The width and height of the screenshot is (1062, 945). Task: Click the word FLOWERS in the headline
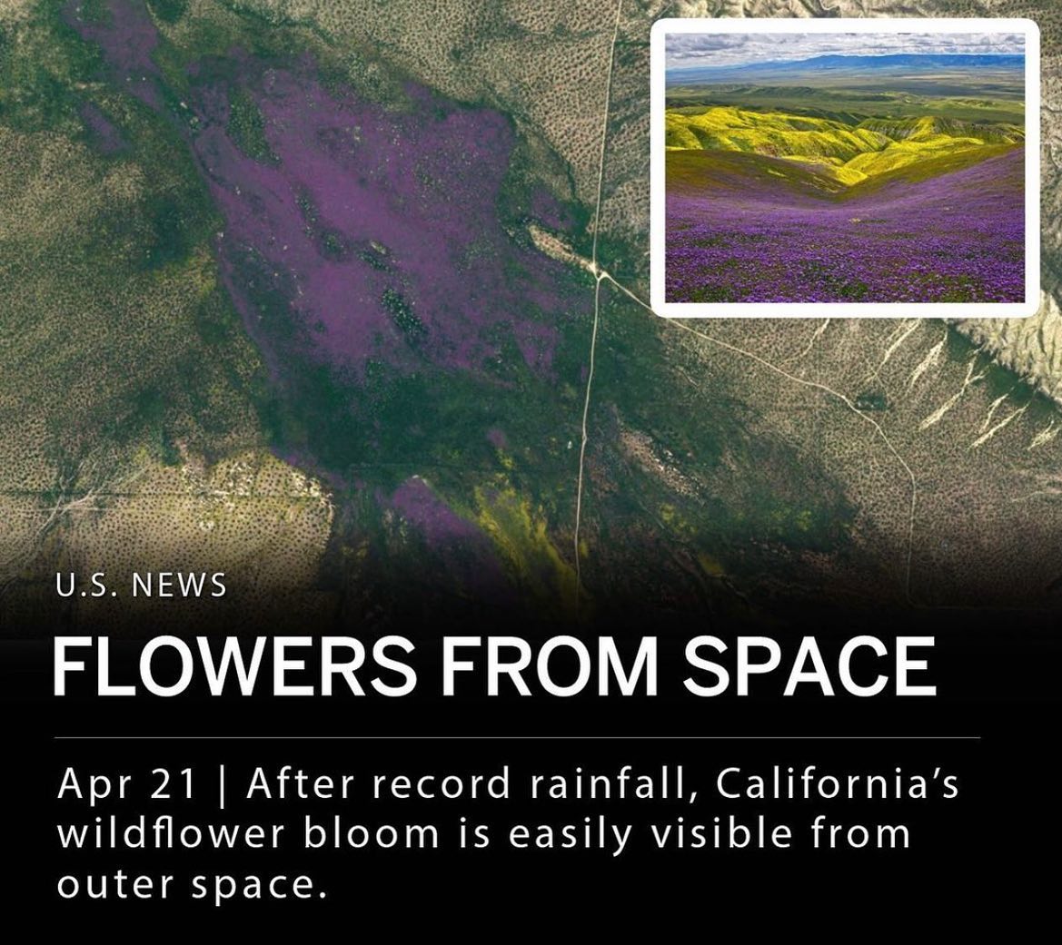pyautogui.click(x=234, y=666)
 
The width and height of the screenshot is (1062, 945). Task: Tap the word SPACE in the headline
pyautogui.click(x=810, y=666)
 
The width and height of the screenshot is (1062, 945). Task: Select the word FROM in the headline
pyautogui.click(x=550, y=666)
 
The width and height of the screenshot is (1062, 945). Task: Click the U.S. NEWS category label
pyautogui.click(x=141, y=586)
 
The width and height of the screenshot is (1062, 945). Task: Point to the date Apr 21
pyautogui.click(x=127, y=784)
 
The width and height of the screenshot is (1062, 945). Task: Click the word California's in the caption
pyautogui.click(x=837, y=784)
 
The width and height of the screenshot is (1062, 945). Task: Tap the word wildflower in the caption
pyautogui.click(x=171, y=834)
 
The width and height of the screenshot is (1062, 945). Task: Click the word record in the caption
pyautogui.click(x=440, y=784)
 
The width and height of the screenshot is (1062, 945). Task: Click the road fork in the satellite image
pyautogui.click(x=599, y=273)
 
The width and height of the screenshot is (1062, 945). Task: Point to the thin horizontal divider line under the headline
pyautogui.click(x=518, y=737)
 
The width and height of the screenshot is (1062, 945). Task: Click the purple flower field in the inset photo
pyautogui.click(x=845, y=251)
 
